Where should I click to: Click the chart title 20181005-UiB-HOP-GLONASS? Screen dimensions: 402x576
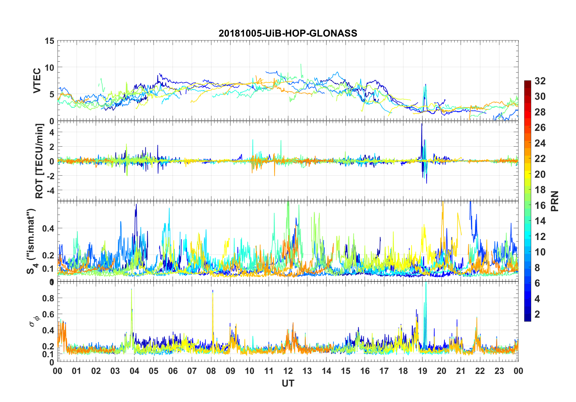(288, 33)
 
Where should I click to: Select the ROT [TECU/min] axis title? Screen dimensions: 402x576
(39, 161)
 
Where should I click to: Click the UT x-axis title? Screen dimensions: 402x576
(288, 383)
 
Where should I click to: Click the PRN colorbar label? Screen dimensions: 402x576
(554, 201)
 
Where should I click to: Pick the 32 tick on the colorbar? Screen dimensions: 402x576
(540, 81)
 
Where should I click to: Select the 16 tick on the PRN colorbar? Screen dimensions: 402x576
(540, 206)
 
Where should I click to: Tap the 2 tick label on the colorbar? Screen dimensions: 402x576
(537, 314)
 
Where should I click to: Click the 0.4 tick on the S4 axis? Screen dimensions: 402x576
(48, 228)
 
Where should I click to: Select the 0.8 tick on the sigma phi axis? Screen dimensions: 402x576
(48, 298)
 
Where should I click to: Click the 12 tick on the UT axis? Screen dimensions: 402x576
(288, 371)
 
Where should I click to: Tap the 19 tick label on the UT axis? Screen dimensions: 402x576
(422, 371)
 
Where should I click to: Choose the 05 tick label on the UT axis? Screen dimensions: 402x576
(154, 371)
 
